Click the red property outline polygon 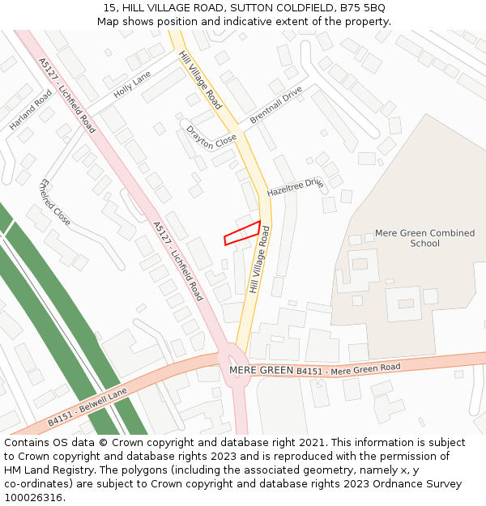coord(242,233)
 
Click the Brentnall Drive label coord(275,104)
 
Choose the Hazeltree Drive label coord(295,188)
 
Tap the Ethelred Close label coord(55,202)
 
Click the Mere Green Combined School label coord(424,238)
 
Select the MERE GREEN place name coord(261,370)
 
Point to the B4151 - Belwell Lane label coord(87,406)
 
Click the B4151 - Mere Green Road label coord(348,369)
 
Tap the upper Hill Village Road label coord(200,80)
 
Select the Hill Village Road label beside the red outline coord(260,259)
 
